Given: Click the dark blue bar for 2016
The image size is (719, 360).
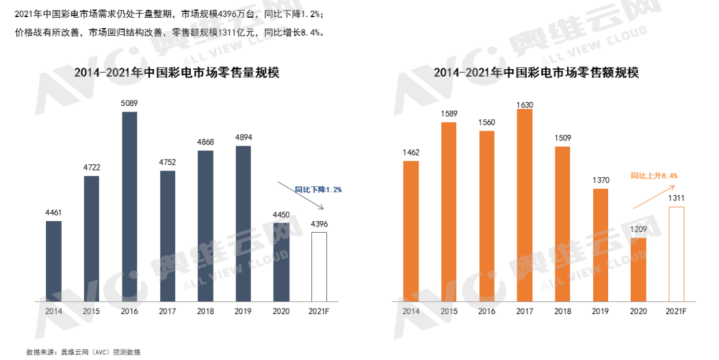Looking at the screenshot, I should (x=129, y=206).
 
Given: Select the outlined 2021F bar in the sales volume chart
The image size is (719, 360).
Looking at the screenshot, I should (x=319, y=266).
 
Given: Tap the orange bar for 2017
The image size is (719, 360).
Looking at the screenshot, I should (x=525, y=205).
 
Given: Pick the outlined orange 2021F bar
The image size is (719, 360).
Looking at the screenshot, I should (x=676, y=253).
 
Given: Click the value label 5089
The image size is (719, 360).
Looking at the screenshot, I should (x=129, y=103).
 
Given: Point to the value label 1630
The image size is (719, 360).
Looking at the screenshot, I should (x=525, y=105).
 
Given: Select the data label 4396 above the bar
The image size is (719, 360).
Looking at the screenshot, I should (x=319, y=224).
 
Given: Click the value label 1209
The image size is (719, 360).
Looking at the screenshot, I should (x=638, y=231).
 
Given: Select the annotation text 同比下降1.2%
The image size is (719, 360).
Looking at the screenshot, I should (x=318, y=189).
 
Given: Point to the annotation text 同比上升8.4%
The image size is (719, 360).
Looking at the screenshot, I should (x=654, y=176).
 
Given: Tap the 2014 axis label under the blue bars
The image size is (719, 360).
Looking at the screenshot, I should (x=53, y=311).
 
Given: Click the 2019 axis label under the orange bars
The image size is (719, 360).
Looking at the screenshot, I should (x=600, y=311).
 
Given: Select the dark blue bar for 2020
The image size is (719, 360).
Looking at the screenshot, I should (x=281, y=261).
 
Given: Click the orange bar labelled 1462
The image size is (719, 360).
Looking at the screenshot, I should (x=411, y=231).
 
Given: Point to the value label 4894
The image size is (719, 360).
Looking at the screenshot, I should (x=244, y=138).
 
